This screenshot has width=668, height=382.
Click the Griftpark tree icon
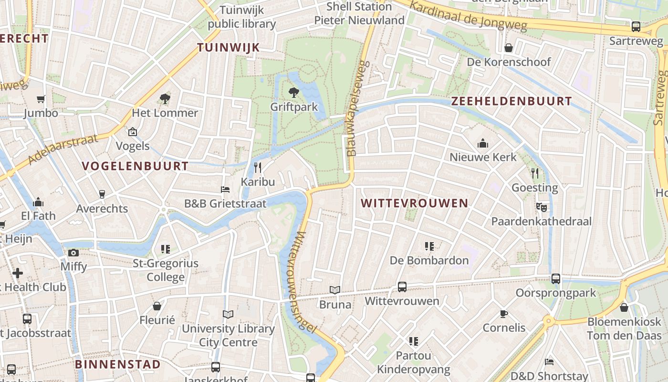pos(294,92)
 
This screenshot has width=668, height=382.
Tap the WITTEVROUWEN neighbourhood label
pos(414,203)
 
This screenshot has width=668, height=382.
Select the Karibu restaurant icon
pos(258,167)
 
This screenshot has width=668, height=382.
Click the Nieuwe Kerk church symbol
pos(483,143)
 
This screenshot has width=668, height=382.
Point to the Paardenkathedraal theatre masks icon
pos(541,207)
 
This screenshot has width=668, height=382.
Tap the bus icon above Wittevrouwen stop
pos(402,287)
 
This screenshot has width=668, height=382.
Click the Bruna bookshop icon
pos(335,290)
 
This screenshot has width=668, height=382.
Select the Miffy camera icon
pos(73,253)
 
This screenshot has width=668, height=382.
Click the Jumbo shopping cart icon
pos(41,99)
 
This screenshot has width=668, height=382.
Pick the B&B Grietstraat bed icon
pos(225,190)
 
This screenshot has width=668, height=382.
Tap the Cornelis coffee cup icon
pos(504,314)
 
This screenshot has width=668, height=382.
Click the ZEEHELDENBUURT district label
pos(511,101)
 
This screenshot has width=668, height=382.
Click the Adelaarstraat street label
pos(63,149)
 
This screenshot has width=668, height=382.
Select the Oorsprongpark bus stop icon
pos(556,279)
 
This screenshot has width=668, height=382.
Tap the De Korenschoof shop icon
pos(509,48)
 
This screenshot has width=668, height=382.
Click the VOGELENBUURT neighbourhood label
pos(135,166)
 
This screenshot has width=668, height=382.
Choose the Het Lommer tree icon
pos(165,99)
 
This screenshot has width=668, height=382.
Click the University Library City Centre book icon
pos(228,314)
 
